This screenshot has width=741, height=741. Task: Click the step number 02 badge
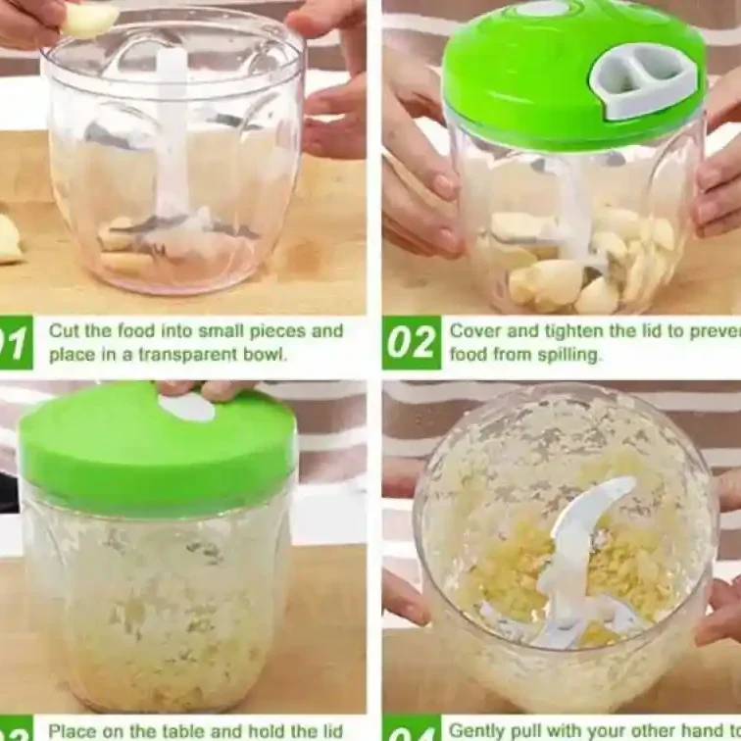click(410, 343)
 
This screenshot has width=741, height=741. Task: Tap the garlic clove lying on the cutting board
click(9, 240)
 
